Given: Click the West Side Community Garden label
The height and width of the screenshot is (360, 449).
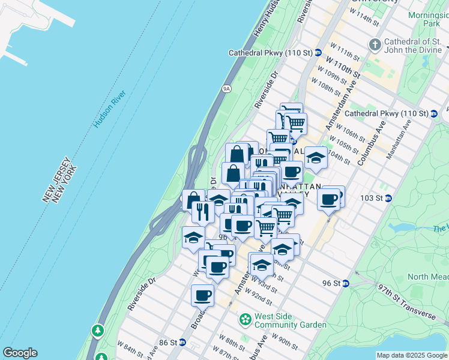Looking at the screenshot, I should pos(291,320).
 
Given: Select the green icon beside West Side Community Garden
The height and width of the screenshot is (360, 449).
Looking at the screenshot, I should pos(245,320).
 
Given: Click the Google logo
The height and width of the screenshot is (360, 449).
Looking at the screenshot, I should pos(19,353).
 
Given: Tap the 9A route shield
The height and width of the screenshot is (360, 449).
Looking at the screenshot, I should pos(226,89).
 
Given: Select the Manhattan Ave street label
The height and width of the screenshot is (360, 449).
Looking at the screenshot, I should pos(397,141).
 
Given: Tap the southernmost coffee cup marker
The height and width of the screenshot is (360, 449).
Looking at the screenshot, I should pos(203,295).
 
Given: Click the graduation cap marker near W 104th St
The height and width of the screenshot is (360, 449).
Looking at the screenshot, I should pos(316,157).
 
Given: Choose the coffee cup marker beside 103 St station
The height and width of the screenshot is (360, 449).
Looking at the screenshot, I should pos(329,198).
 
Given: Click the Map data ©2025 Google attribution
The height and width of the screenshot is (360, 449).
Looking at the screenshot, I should pos(411,355).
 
